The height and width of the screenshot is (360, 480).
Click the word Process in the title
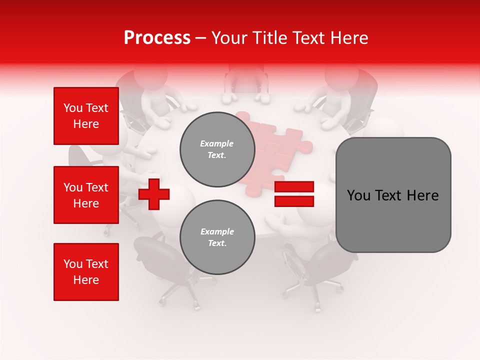(x=157, y=38)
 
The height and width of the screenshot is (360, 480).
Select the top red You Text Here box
(x=86, y=116)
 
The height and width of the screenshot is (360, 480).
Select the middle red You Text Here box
(x=86, y=195)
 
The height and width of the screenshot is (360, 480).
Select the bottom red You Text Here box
(x=86, y=272)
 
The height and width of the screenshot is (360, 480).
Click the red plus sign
(x=154, y=194)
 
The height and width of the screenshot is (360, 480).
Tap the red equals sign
(x=294, y=194)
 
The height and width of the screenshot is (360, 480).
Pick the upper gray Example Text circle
(x=217, y=149)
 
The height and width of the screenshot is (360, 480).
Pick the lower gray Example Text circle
(x=217, y=237)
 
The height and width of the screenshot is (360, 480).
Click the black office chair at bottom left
(x=155, y=260)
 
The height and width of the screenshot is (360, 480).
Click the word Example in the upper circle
(x=217, y=143)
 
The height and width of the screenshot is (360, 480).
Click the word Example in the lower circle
(x=217, y=231)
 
